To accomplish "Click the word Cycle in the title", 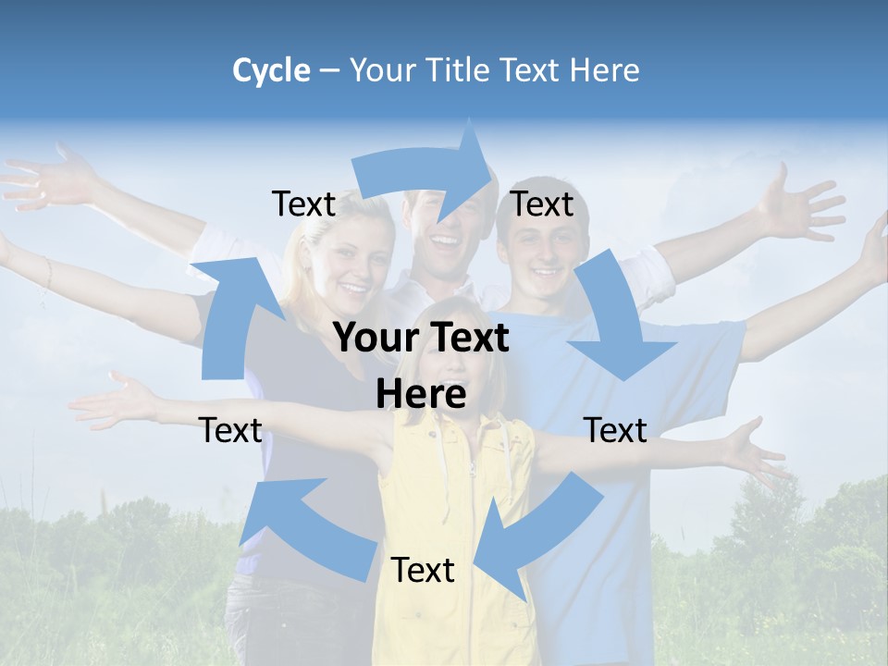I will pos(271,70).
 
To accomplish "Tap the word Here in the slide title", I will pos(604,70).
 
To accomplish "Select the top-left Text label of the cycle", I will pos(303,204).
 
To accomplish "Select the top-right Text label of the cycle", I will pos(542,203).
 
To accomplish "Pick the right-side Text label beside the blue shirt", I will pos(615,430).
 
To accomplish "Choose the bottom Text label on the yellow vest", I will pos(423,570).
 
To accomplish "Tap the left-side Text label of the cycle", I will pos(230,430).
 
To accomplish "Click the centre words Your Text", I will pos(421,339).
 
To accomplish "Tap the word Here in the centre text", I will pos(421,395).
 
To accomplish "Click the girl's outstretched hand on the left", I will pos(116,402).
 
